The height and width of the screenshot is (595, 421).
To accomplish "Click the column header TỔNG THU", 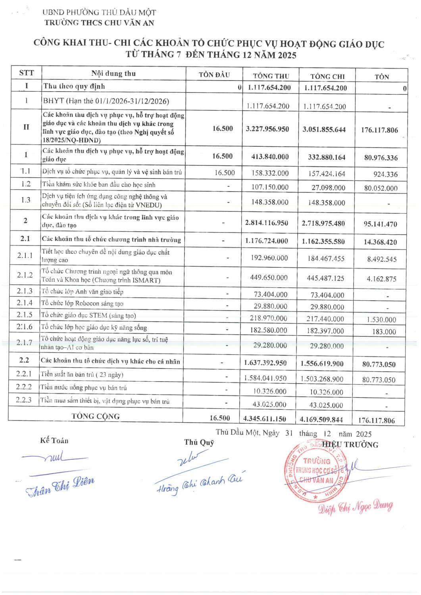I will pyautogui.click(x=271, y=76).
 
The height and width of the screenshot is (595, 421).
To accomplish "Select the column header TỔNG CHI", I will pyautogui.click(x=327, y=77).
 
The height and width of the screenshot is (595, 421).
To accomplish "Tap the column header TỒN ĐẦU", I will pyautogui.click(x=214, y=75).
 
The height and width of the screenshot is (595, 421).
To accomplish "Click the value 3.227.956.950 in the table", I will pyautogui.click(x=267, y=129).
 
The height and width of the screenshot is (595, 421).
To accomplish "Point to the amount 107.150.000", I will pyautogui.click(x=270, y=187).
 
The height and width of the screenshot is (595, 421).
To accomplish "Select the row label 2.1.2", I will pyautogui.click(x=25, y=275).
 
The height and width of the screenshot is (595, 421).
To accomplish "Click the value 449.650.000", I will pyautogui.click(x=269, y=277).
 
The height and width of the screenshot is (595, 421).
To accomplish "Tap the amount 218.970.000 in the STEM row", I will pyautogui.click(x=268, y=318).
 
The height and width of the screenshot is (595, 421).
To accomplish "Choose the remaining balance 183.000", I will pyautogui.click(x=384, y=332).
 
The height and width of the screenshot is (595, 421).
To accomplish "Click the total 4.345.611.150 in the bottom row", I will pyautogui.click(x=265, y=418).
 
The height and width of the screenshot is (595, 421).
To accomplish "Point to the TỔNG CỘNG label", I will pyautogui.click(x=96, y=416).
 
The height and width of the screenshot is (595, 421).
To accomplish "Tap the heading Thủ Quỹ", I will pyautogui.click(x=199, y=442).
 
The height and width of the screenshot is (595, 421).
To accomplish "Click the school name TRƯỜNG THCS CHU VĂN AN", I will pyautogui.click(x=99, y=23).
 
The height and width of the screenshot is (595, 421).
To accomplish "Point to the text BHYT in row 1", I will pyautogui.click(x=53, y=101).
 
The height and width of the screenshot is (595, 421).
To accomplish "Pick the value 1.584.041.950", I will pyautogui.click(x=265, y=378).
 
